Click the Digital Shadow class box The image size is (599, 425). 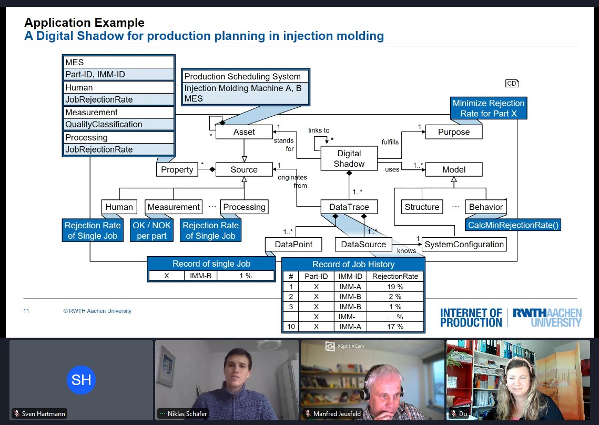point(349,158)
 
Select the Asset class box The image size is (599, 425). point(244,132)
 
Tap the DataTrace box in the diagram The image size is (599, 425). point(349,207)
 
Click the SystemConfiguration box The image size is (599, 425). point(464,244)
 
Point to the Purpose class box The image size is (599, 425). point(454,132)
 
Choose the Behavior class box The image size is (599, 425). point(485,207)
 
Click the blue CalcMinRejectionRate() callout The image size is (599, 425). point(513,225)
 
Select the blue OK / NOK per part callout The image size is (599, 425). point(151,230)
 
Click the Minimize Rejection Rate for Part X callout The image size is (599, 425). point(489,108)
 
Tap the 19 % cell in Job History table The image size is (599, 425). point(395,287)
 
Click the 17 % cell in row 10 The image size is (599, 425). point(395,327)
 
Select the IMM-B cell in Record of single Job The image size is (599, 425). point(201,275)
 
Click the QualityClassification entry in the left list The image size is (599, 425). point(119,125)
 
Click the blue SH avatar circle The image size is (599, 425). point(81,380)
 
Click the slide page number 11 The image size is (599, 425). point(26,311)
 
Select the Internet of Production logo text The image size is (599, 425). point(471,318)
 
